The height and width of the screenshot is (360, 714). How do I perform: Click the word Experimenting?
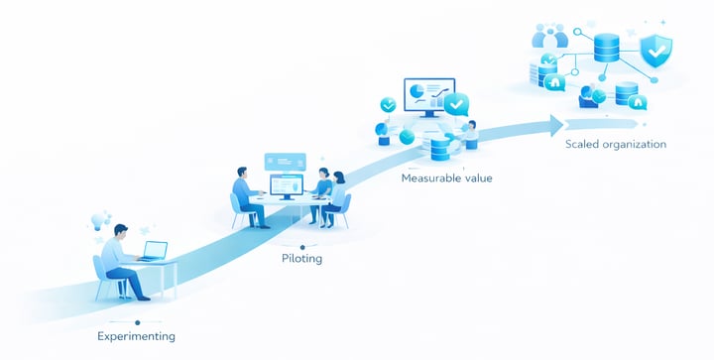pos(136,337)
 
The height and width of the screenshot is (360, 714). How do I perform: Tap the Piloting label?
pos(301,259)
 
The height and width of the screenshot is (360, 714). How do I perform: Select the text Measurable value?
pos(446,179)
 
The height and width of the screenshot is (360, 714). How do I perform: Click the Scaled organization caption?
pos(615,145)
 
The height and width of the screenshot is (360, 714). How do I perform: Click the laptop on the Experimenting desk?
pos(153,251)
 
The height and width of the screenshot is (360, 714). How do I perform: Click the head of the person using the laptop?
pos(120,232)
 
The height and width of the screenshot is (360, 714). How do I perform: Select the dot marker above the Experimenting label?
pos(137,322)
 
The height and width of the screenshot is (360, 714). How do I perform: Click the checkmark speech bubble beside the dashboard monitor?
pos(456,103)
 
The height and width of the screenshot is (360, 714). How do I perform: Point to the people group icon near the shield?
pos(548,37)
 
